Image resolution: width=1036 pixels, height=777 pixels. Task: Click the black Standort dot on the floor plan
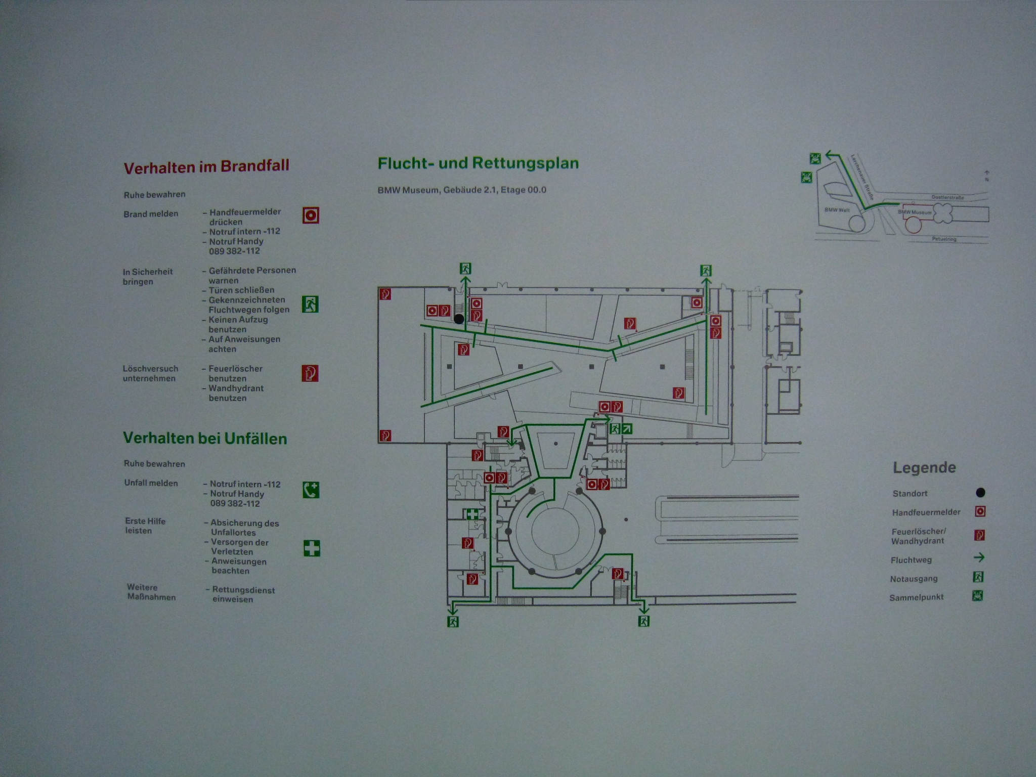click(x=459, y=319)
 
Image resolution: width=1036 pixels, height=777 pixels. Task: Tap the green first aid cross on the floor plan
click(x=472, y=514)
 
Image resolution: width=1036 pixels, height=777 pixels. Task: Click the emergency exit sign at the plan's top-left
click(x=465, y=268)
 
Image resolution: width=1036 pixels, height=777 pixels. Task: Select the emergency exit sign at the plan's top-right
click(x=706, y=270)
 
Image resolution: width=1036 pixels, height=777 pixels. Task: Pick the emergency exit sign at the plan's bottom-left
click(x=453, y=621)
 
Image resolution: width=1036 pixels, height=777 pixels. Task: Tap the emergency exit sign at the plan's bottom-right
click(x=643, y=621)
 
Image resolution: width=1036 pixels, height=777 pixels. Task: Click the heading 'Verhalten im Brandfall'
click(x=206, y=166)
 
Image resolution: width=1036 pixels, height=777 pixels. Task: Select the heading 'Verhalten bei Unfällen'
click(x=205, y=438)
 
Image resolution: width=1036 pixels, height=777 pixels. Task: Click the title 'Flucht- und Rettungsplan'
click(x=478, y=163)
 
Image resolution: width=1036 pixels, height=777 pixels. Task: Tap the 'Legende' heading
click(x=924, y=467)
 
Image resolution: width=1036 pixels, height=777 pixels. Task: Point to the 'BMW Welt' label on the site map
click(x=837, y=210)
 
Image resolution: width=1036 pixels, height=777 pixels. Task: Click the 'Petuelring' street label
click(x=944, y=239)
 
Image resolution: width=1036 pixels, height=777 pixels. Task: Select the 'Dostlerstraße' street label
click(x=947, y=197)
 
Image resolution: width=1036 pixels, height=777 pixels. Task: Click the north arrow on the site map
click(x=986, y=176)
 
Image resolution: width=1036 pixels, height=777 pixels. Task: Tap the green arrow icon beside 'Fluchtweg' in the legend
click(x=979, y=558)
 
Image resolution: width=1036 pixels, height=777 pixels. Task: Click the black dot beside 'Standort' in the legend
click(x=980, y=492)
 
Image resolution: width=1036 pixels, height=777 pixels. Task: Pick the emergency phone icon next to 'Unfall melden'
click(x=311, y=490)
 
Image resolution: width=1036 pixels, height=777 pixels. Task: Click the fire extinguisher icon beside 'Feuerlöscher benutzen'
click(x=310, y=373)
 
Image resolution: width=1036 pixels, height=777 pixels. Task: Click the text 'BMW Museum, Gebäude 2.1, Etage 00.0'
click(x=462, y=190)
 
